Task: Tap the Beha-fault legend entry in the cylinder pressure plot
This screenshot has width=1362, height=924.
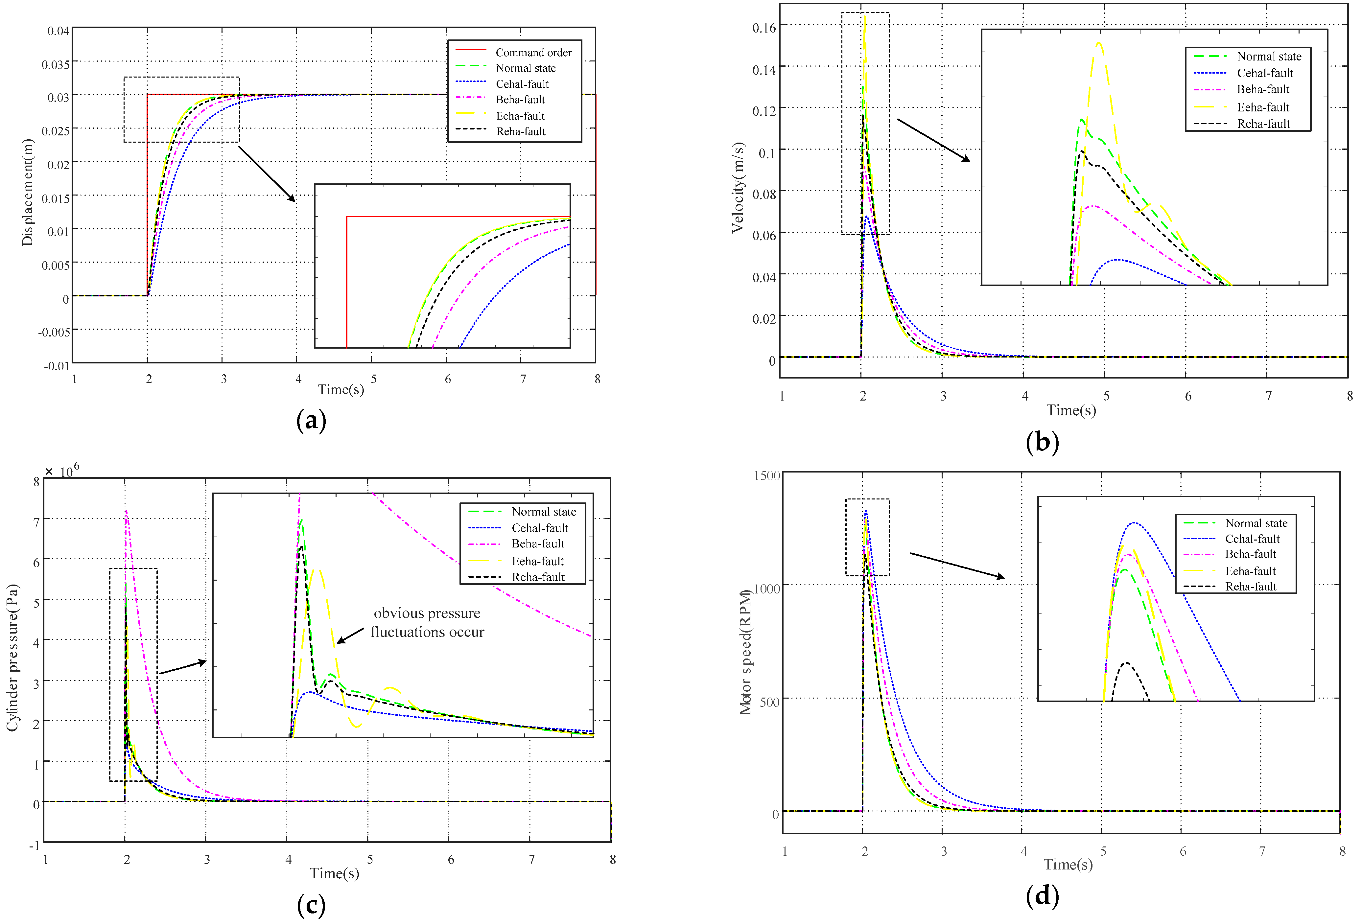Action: tap(537, 544)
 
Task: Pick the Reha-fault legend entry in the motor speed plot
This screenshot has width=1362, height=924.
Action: tap(1250, 587)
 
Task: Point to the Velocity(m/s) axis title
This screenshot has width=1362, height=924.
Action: tap(738, 188)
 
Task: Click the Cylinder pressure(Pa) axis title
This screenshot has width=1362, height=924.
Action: tap(12, 658)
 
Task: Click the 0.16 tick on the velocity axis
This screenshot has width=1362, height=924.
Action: tap(763, 28)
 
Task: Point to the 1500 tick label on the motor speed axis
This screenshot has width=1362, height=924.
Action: tap(766, 475)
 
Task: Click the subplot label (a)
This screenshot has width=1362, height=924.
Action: tap(311, 421)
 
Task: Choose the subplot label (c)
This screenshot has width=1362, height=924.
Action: tap(311, 905)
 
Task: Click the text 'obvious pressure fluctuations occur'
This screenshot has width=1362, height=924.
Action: tap(427, 622)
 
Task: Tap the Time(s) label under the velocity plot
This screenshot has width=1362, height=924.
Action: tap(1071, 410)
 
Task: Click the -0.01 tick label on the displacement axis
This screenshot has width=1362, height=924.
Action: tap(56, 366)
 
